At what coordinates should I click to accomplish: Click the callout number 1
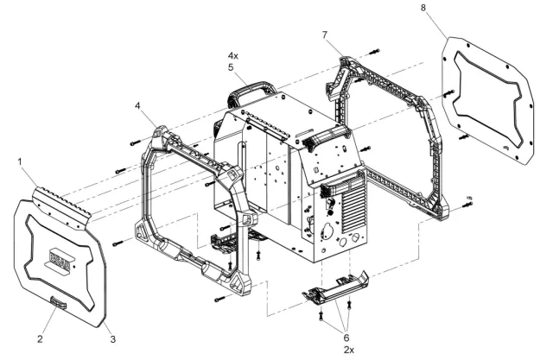click(x=20, y=162)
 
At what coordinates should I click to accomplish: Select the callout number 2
click(x=41, y=339)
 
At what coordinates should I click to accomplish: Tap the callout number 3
click(x=113, y=339)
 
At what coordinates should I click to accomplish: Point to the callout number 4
click(x=137, y=105)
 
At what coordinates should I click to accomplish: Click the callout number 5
click(x=231, y=67)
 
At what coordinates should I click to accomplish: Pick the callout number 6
click(x=346, y=338)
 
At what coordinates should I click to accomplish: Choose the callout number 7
click(x=325, y=35)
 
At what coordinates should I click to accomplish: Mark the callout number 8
click(x=423, y=8)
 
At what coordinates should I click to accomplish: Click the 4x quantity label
click(x=232, y=55)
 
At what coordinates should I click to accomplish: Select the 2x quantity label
click(x=349, y=350)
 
